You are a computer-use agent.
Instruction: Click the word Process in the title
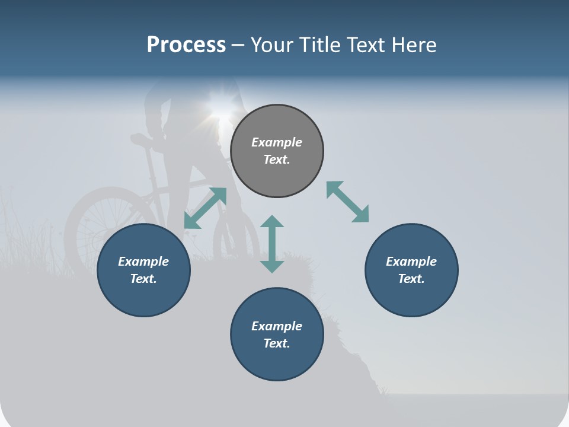[x=186, y=45]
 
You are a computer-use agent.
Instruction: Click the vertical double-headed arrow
[x=272, y=244]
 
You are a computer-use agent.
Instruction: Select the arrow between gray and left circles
[x=205, y=208]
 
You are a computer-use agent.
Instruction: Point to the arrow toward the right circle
[x=347, y=202]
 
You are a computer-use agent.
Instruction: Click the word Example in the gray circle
[x=277, y=142]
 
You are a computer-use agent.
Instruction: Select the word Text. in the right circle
[x=411, y=279]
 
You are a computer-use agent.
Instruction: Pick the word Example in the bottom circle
[x=277, y=326]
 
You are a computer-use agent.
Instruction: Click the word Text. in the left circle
[x=143, y=279]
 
